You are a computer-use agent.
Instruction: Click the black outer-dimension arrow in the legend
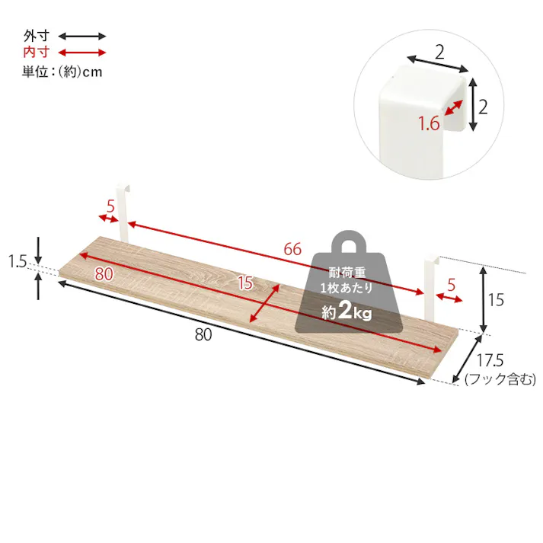click(x=82, y=36)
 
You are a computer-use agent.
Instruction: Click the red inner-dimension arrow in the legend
click(x=82, y=53)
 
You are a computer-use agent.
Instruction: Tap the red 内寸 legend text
click(x=36, y=53)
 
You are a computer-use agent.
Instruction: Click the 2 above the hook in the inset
click(x=439, y=52)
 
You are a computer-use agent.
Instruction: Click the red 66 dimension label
click(x=292, y=249)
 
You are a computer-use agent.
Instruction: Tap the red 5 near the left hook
click(x=110, y=206)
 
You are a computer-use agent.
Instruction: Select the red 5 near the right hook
click(x=452, y=286)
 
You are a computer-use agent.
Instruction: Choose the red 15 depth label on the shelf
click(x=244, y=283)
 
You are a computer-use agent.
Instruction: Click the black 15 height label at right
click(x=496, y=300)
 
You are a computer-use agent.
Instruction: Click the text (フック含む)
click(x=500, y=379)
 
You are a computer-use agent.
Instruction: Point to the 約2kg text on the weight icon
click(x=347, y=312)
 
